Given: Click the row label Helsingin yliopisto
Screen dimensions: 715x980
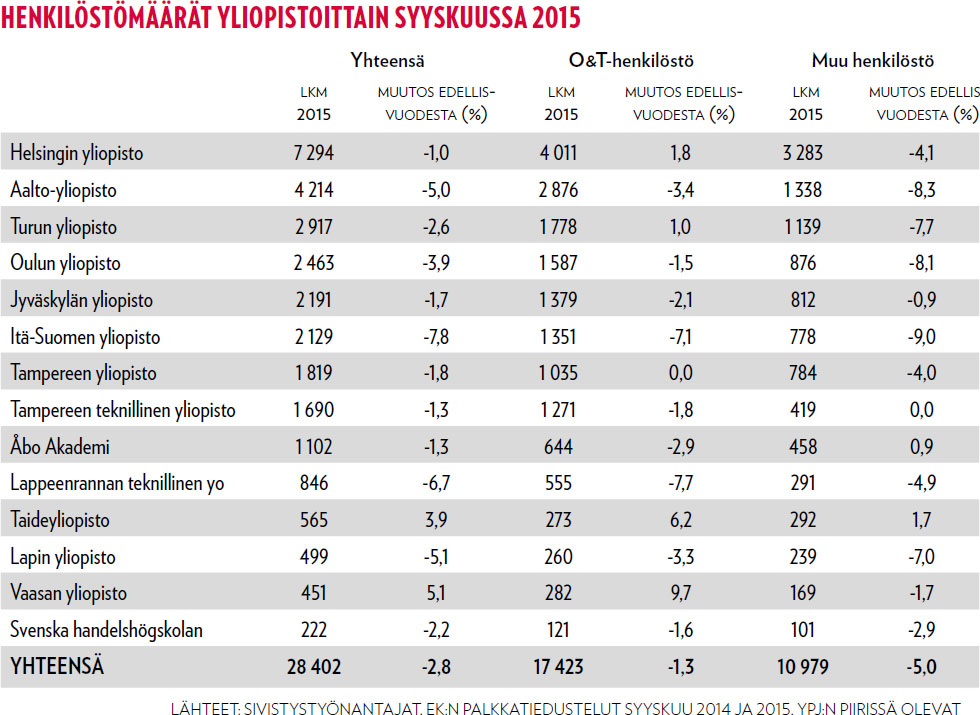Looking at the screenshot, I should click(77, 153).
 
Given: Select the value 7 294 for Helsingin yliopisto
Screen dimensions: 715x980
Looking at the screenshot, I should click(313, 153).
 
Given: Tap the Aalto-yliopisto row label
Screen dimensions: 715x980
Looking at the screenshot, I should click(63, 190).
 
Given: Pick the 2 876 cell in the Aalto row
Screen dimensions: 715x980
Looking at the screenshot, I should click(561, 190).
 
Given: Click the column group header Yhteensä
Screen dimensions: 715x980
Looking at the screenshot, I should click(388, 62).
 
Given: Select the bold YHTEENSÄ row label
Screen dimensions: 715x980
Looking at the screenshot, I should click(57, 666).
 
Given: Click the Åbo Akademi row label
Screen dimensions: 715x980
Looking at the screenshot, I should click(60, 447).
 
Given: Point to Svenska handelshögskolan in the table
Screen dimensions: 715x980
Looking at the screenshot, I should click(107, 630).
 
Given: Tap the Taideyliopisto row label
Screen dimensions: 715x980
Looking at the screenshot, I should click(60, 520).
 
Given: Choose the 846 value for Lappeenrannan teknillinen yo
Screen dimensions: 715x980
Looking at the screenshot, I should click(313, 483).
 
